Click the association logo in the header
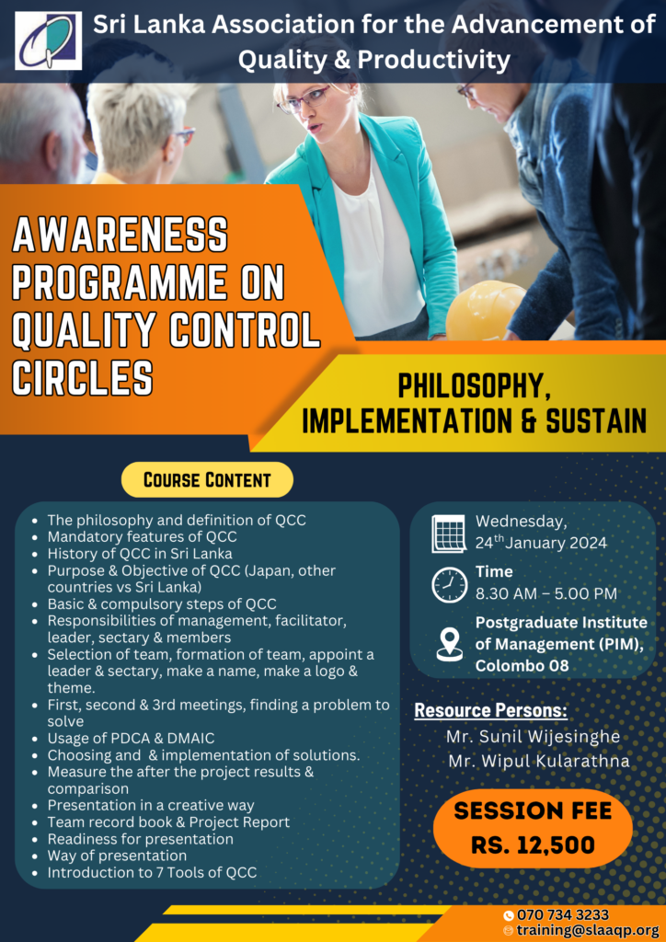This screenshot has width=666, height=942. pos(49,41)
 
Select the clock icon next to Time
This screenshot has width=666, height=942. pos(449,583)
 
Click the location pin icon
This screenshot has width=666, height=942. pos(449,643)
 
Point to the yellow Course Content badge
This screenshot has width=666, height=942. pos(207,479)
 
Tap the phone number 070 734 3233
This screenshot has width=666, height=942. pos(562,914)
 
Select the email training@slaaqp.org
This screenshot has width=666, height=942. pos(588,930)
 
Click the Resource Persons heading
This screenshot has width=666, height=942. pos(490,710)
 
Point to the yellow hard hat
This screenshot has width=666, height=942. pos(485,311)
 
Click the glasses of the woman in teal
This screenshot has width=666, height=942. pos(305,98)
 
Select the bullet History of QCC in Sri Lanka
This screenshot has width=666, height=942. pos(140,554)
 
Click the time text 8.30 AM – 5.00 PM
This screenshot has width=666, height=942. pos(546,593)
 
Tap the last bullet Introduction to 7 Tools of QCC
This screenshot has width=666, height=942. pos(152,872)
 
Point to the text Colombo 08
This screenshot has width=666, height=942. pos(522,665)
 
